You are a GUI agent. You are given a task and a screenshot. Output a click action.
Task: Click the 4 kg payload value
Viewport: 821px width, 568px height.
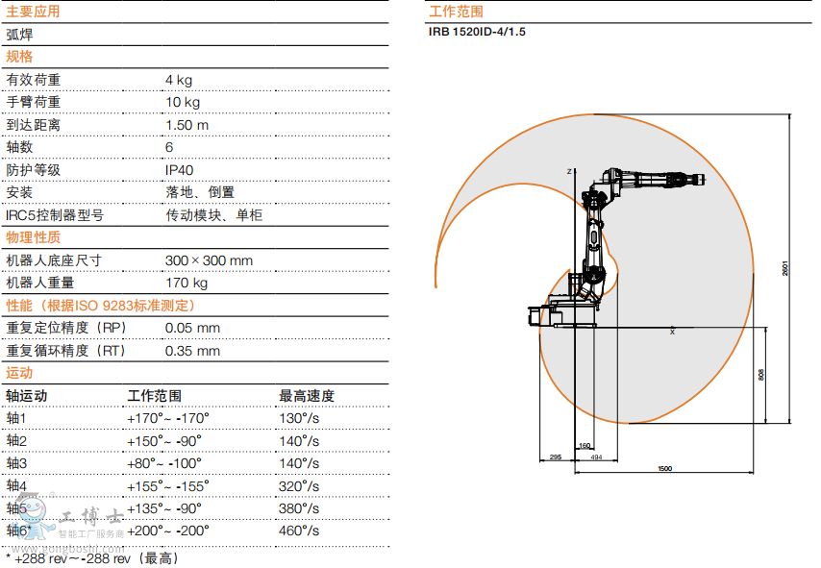[179, 80]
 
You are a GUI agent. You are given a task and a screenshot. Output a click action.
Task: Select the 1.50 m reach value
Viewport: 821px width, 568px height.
[187, 125]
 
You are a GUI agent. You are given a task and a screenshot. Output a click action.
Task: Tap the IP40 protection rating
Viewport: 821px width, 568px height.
[180, 170]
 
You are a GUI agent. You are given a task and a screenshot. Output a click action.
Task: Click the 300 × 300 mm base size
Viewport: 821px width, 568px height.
[209, 260]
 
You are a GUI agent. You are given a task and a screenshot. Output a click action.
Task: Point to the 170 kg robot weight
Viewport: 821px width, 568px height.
[187, 283]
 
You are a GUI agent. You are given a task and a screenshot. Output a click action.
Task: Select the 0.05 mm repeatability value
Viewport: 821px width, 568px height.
[192, 328]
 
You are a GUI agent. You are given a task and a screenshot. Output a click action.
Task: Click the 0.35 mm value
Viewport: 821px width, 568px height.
[192, 351]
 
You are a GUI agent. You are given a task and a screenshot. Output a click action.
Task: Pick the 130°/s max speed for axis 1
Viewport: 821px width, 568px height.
[299, 418]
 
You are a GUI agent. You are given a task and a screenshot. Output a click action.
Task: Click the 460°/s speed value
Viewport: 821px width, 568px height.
[299, 531]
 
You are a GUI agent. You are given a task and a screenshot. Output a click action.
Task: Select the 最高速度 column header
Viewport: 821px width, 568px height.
[307, 395]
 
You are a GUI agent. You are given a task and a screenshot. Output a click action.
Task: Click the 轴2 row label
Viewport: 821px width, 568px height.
[17, 440]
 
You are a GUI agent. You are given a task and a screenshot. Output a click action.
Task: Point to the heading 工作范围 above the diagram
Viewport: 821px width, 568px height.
[456, 12]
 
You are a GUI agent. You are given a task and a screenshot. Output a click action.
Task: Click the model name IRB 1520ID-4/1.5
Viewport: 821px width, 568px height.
[477, 31]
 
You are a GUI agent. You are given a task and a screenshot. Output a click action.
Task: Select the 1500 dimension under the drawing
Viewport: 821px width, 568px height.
[664, 468]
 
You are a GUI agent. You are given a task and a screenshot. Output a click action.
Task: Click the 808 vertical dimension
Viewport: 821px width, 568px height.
[761, 375]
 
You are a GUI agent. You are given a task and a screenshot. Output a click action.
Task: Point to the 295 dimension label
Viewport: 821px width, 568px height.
[556, 457]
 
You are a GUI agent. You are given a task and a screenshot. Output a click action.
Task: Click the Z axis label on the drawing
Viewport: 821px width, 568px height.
[569, 171]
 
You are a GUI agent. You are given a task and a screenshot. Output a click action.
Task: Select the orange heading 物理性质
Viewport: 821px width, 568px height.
[33, 237]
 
